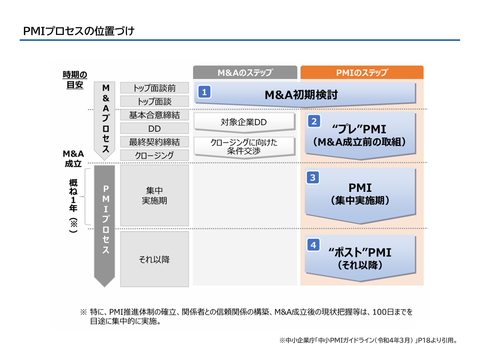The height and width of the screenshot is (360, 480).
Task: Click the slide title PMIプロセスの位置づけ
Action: pyautogui.click(x=79, y=31)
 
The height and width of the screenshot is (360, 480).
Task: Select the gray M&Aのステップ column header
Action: pyautogui.click(x=245, y=73)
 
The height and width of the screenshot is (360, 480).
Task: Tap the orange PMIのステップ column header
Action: pyautogui.click(x=362, y=73)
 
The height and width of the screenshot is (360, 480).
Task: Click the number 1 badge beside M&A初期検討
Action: pyautogui.click(x=204, y=92)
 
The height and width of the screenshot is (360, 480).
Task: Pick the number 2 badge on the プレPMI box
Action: pyautogui.click(x=314, y=121)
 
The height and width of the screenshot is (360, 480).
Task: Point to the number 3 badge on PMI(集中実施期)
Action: pyautogui.click(x=313, y=177)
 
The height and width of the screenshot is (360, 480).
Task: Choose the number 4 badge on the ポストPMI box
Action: pyautogui.click(x=313, y=245)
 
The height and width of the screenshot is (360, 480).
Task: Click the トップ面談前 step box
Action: pyautogui.click(x=154, y=88)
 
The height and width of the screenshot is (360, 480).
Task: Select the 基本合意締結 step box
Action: pyautogui.click(x=154, y=115)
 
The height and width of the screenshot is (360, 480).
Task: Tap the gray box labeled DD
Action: pyautogui.click(x=154, y=129)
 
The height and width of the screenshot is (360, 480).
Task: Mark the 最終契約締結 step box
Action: pyautogui.click(x=154, y=142)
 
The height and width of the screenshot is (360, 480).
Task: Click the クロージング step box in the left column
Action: pyautogui.click(x=154, y=155)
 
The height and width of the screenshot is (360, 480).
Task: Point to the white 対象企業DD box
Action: pyautogui.click(x=244, y=122)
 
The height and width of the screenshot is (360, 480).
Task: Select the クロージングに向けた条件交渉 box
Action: pyautogui.click(x=244, y=146)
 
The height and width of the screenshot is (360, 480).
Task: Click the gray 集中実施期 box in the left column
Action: pyautogui.click(x=154, y=196)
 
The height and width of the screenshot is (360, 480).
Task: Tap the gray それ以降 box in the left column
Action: pyautogui.click(x=154, y=259)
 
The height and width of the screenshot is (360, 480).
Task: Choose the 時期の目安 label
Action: pyautogui.click(x=75, y=80)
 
